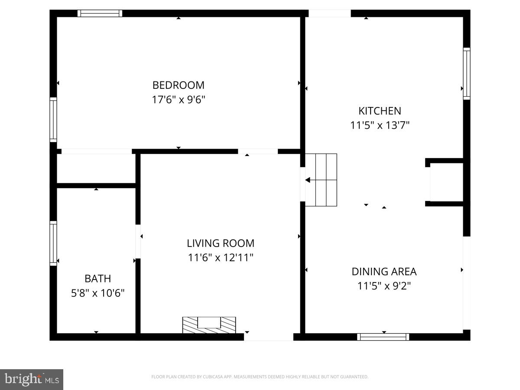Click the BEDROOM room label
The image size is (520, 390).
coord(178,85)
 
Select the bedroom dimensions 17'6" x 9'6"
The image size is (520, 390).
coord(178,100)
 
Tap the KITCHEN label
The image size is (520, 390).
coord(380,110)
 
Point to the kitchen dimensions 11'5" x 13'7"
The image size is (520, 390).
coord(380,125)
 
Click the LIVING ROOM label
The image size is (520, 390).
coord(221,243)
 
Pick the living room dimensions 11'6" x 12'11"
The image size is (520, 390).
coord(221,258)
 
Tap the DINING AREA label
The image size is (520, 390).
coord(384,272)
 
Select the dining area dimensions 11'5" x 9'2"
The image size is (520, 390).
coord(384,286)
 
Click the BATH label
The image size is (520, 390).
coord(97,279)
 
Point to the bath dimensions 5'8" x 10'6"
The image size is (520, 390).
coord(97,293)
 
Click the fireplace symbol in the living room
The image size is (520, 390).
coord(209,325)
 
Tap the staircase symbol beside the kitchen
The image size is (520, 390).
coord(321,180)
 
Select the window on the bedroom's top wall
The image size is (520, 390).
coord(100,13)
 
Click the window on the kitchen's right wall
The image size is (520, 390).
coord(467,74)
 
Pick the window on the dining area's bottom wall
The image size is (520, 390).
coord(383,337)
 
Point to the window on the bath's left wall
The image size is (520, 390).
coord(53,243)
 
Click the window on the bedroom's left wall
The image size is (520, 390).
coord(53,120)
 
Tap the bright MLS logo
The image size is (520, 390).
coord(32,380)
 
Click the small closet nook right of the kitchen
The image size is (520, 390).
coord(446,182)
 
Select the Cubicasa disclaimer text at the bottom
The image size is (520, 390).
coord(260,377)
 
